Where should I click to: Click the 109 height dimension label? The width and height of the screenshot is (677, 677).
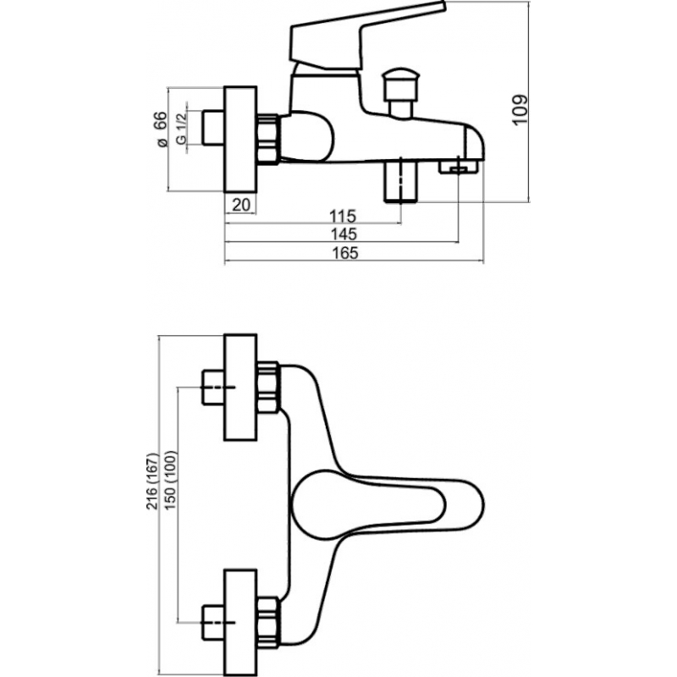click(x=520, y=110)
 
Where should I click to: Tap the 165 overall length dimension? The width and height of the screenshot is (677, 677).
click(x=345, y=253)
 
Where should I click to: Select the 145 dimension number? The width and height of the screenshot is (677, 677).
click(x=344, y=234)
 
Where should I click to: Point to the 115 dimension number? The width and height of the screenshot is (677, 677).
click(x=343, y=216)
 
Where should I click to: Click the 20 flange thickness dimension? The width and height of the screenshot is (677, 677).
click(x=241, y=205)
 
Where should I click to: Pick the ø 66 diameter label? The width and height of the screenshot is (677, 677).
click(x=161, y=129)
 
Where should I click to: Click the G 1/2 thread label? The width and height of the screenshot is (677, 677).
click(x=181, y=128)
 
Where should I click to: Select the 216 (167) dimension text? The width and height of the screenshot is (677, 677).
click(x=152, y=482)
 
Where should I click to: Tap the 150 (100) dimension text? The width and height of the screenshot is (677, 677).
click(x=171, y=480)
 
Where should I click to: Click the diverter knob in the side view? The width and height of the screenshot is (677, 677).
click(x=400, y=91)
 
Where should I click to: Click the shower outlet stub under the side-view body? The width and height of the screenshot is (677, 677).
click(x=401, y=179)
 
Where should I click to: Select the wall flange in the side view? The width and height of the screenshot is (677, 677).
click(x=240, y=139)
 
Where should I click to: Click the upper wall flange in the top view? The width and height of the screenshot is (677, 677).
click(x=240, y=388)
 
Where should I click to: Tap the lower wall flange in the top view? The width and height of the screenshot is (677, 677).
click(x=240, y=623)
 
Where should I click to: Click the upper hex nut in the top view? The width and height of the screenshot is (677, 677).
click(x=268, y=388)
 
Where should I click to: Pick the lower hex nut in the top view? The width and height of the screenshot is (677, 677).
click(x=268, y=623)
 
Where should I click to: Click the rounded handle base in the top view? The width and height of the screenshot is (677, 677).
click(x=368, y=505)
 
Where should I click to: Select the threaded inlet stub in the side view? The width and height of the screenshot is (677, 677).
click(x=213, y=128)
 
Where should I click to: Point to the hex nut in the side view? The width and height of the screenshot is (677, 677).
click(x=268, y=139)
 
